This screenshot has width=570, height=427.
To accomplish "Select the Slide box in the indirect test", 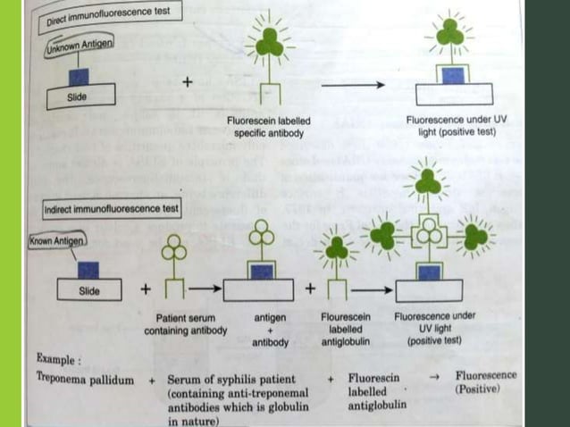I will pos(88,289).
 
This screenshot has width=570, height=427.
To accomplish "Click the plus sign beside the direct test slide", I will pos(188,81).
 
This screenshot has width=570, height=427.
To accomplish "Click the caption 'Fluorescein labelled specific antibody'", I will pos(269,127).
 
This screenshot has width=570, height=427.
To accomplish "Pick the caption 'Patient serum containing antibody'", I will pos(186,324).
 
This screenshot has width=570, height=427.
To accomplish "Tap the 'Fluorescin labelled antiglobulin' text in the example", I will pos(376,392).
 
